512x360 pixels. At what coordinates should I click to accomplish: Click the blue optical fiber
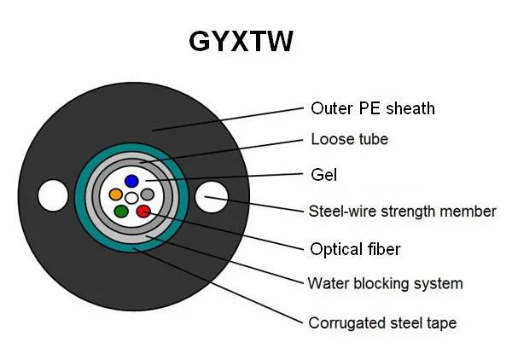[131, 181]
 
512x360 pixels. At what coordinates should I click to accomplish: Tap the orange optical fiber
[116, 195]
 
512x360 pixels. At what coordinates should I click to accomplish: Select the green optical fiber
[121, 211]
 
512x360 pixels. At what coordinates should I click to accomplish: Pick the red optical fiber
[143, 211]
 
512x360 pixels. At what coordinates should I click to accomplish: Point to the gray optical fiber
[148, 195]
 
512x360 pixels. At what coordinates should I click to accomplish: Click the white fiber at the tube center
[131, 198]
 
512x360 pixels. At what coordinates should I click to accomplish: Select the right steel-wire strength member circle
[211, 197]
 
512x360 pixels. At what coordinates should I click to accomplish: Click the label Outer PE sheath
[373, 108]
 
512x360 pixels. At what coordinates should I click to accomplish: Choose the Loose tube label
[350, 139]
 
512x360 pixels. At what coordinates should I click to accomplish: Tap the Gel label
[324, 175]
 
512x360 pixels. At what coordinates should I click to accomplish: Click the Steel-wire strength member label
[402, 211]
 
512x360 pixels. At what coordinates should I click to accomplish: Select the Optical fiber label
[354, 249]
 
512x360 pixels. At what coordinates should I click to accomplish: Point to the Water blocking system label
[385, 283]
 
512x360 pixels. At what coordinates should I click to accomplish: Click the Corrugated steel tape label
[382, 322]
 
